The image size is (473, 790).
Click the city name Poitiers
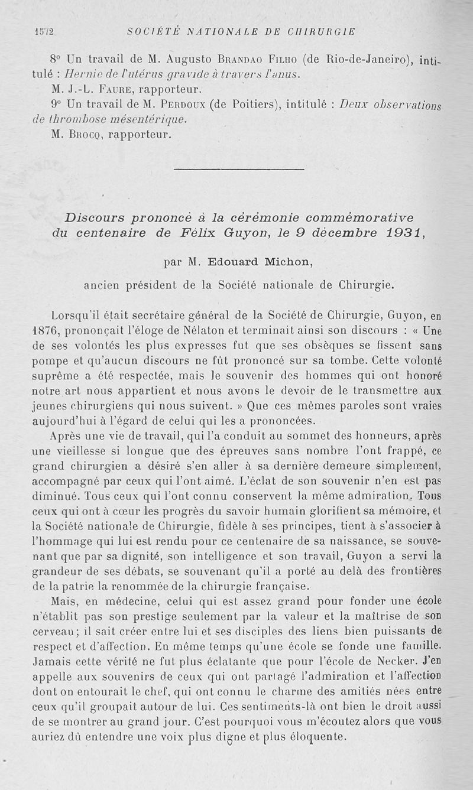(251, 105)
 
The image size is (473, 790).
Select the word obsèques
(299, 344)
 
